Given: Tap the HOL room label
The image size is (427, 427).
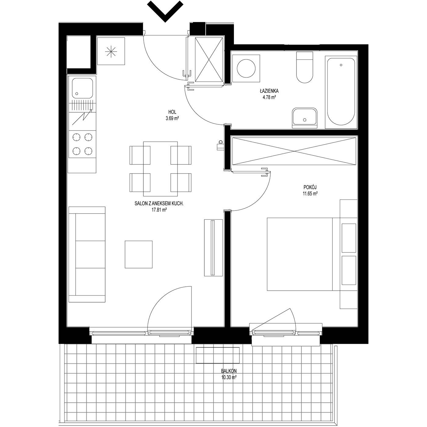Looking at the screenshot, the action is (x=172, y=112).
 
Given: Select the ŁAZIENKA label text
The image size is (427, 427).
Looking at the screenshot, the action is (x=269, y=91).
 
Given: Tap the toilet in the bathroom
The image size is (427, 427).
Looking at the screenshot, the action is (x=304, y=67).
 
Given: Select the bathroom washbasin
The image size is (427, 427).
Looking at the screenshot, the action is (x=305, y=118).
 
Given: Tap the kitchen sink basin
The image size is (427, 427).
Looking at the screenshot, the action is (x=82, y=88).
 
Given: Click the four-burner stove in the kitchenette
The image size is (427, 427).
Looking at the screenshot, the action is (x=82, y=144).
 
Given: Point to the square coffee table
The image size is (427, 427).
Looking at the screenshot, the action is (x=138, y=255).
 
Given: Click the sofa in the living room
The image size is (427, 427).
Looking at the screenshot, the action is (x=87, y=254).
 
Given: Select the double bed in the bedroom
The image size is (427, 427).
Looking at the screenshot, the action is (x=312, y=254).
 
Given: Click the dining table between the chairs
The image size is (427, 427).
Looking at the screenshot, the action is (x=160, y=169).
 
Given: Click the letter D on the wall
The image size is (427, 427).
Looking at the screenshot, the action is (x=220, y=142).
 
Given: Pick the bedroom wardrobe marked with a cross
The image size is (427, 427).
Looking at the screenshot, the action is (x=294, y=151).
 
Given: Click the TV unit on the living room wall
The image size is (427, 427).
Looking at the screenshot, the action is (x=213, y=248).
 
